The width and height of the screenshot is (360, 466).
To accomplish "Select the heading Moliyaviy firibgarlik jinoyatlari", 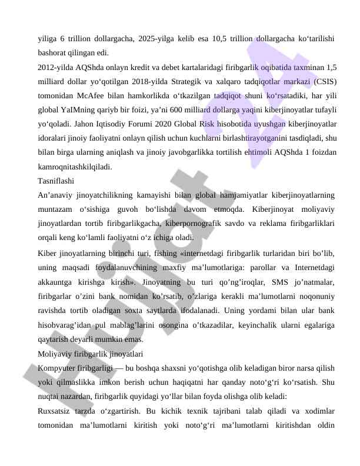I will [90, 354].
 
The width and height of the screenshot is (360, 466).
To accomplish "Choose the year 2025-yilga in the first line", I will [159, 39].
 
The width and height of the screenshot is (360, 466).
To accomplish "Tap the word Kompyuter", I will [56, 368].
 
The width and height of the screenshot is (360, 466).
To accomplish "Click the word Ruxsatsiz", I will [56, 411].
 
